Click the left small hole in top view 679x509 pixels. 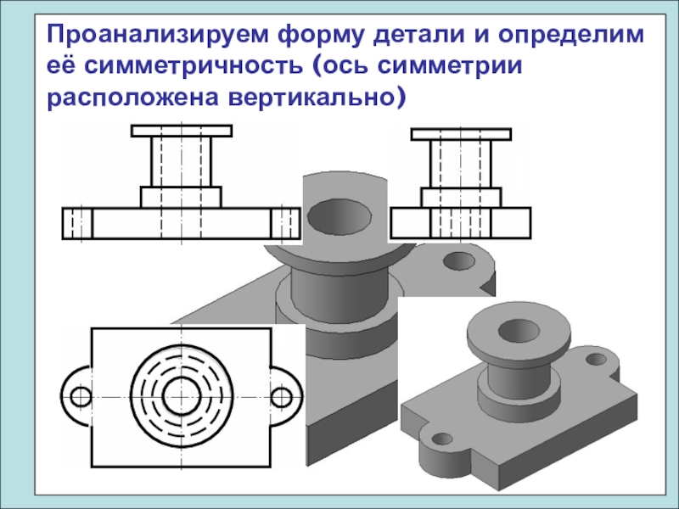pyautogui.click(x=81, y=396)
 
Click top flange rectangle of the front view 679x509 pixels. pyautogui.click(x=182, y=131)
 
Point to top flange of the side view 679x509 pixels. pyautogui.click(x=461, y=133)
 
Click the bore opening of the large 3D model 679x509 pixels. pyautogui.click(x=337, y=218)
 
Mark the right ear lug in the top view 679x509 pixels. pyautogui.click(x=289, y=396)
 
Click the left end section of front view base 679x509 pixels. pyautogui.click(x=77, y=223)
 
